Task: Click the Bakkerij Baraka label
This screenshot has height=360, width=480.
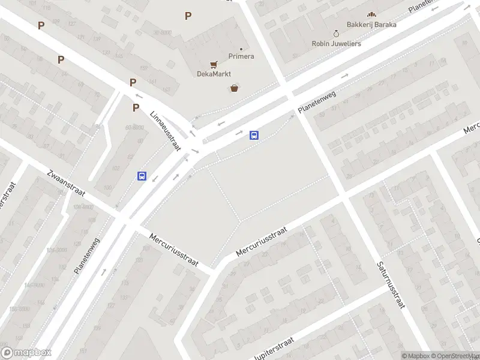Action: click(x=371, y=25)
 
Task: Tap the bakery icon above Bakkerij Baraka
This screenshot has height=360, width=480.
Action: click(x=371, y=14)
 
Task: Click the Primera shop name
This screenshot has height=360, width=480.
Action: click(x=241, y=56)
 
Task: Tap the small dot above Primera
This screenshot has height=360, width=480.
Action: click(x=241, y=49)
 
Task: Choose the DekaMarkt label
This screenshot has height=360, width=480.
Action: click(x=214, y=74)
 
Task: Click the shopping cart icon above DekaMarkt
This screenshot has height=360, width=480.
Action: click(x=213, y=64)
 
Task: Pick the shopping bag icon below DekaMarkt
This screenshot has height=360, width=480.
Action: click(x=234, y=88)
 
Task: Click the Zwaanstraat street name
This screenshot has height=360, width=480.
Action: click(x=66, y=185)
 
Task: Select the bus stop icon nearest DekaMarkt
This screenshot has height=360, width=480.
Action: click(x=254, y=135)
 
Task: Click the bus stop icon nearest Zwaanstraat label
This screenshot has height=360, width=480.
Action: click(x=142, y=176)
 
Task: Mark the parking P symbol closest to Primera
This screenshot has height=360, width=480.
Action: click(x=188, y=16)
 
